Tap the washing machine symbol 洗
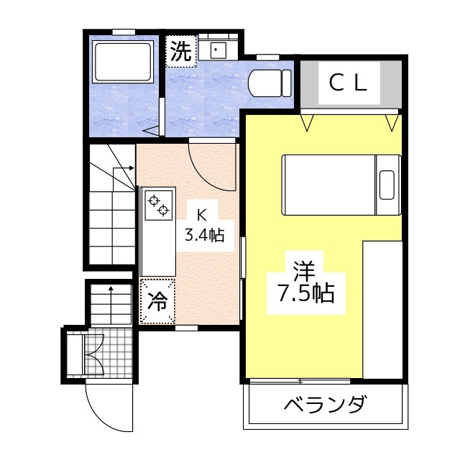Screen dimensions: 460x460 [181, 51]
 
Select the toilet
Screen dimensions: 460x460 [269, 81]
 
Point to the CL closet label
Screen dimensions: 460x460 [349, 83]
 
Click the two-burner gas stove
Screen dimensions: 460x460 [158, 204]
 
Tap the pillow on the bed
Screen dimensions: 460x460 [388, 185]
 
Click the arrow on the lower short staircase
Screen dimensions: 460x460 [111, 291]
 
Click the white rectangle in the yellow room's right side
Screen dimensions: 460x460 [382, 309]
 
